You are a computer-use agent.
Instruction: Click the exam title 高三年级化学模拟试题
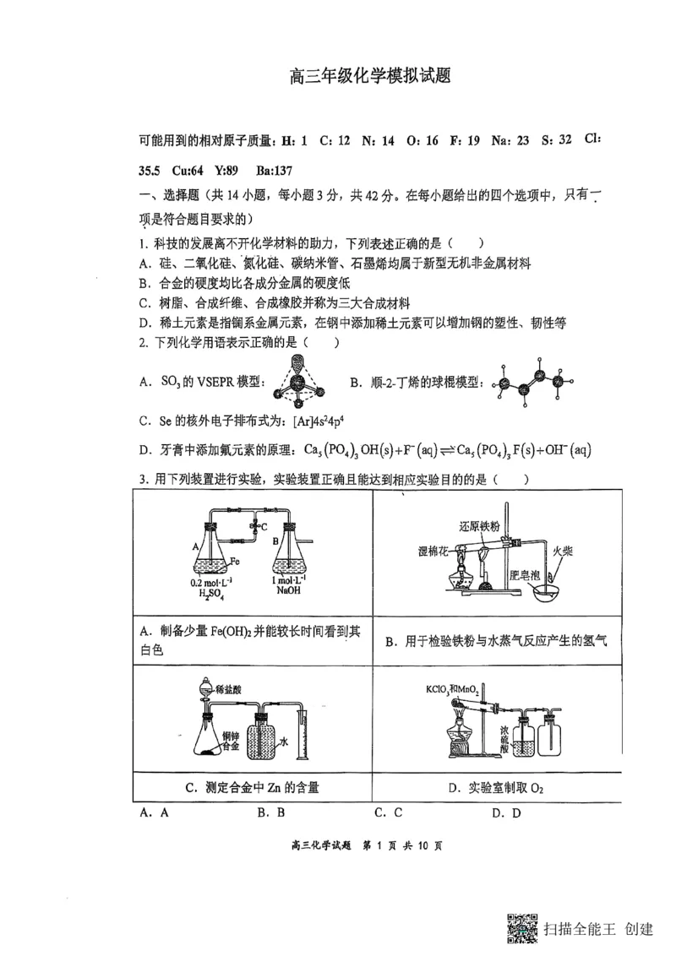369,77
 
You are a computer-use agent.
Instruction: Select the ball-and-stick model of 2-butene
532,383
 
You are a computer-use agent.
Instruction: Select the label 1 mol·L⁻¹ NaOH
290,588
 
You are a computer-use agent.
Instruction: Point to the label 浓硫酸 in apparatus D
503,732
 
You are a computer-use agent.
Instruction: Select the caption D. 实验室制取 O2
495,789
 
